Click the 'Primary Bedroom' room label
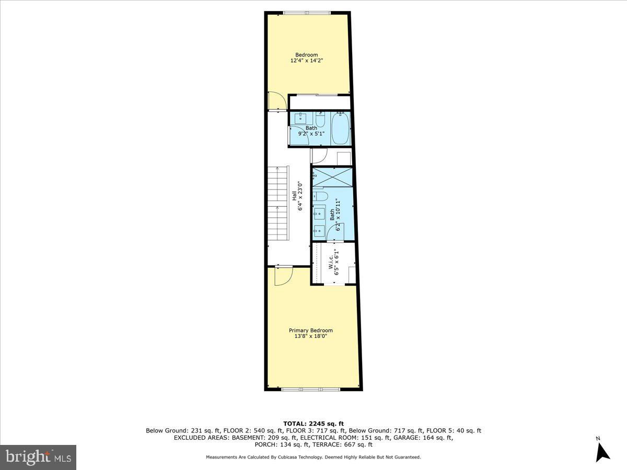(311, 330)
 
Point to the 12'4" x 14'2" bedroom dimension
(307, 61)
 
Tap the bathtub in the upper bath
(341, 128)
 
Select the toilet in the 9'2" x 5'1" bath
(320, 120)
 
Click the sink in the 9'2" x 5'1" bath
(301, 118)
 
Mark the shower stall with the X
(333, 177)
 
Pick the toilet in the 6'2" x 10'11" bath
(320, 197)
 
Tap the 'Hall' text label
(294, 195)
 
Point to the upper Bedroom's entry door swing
(276, 101)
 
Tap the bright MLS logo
(38, 457)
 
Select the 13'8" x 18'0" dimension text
(311, 336)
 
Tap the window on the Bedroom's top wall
(307, 13)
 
